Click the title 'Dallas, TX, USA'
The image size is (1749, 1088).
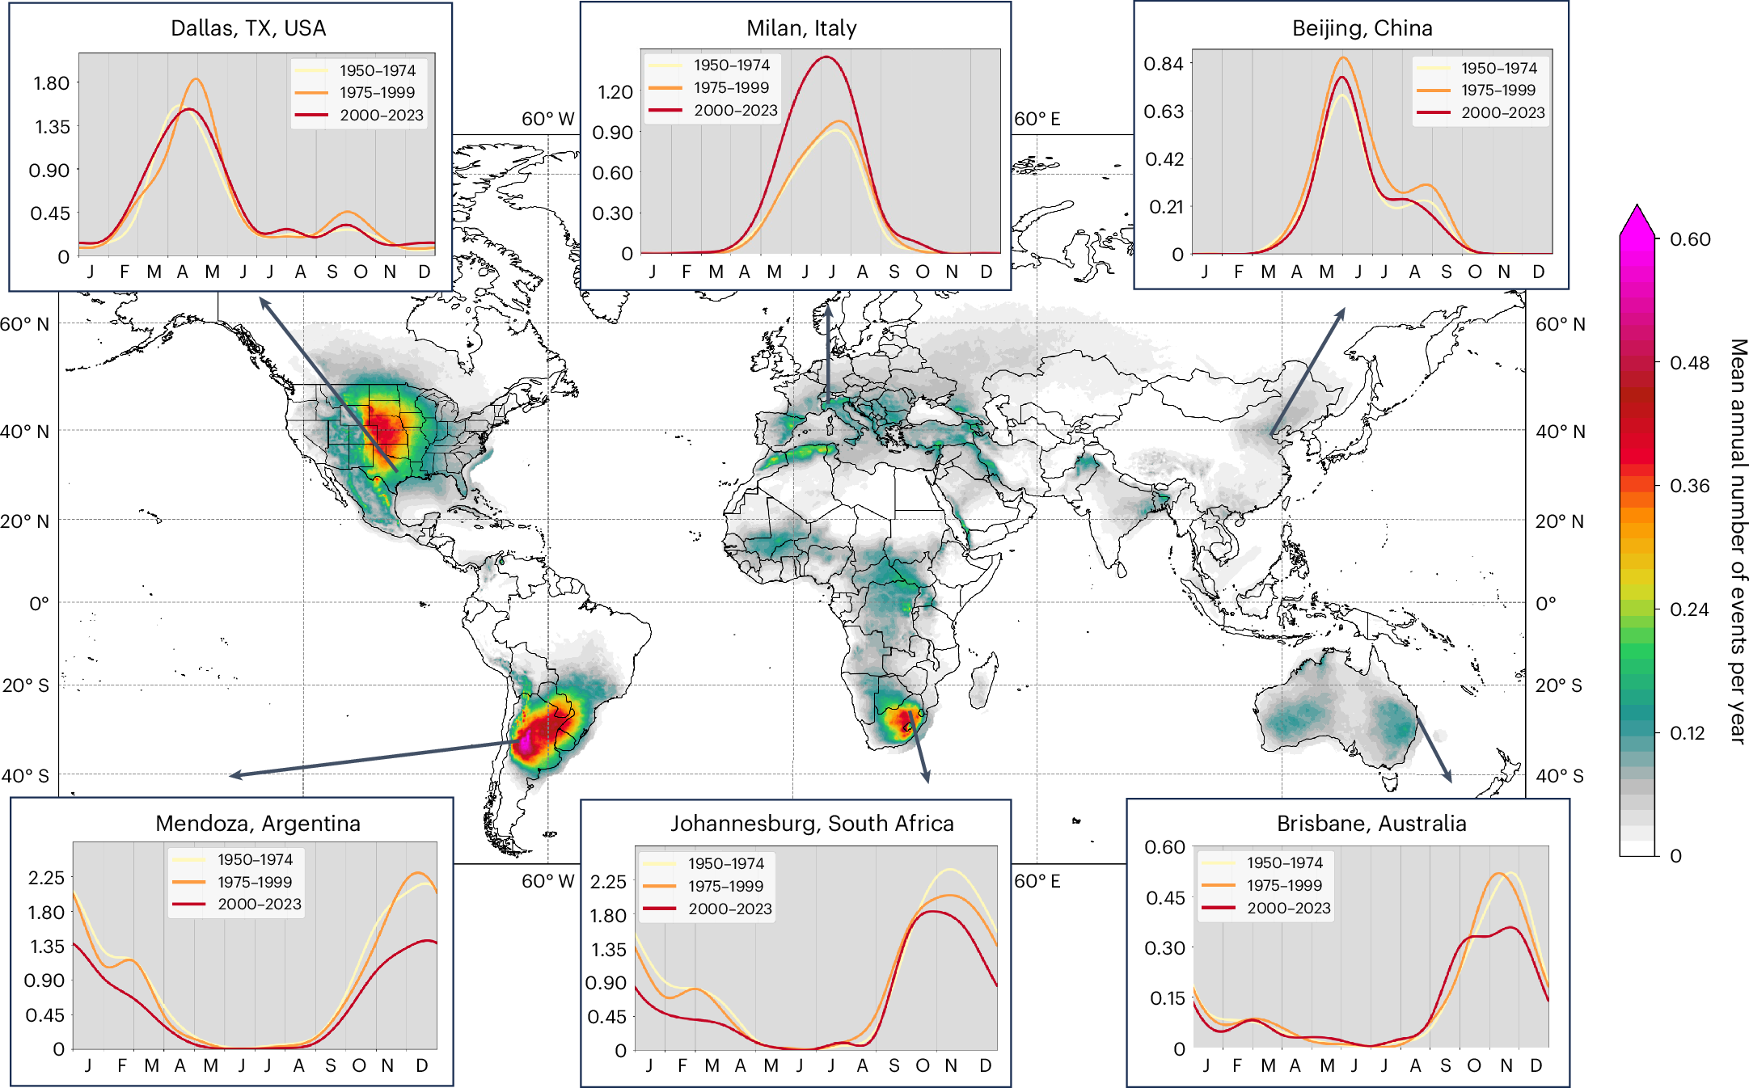248,28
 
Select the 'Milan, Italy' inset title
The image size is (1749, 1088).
801,28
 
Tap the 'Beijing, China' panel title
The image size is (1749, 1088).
1362,28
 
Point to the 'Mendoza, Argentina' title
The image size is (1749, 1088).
258,824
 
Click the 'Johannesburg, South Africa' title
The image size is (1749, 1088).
812,824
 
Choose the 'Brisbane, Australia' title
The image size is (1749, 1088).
1371,824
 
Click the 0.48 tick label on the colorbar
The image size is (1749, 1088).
1690,363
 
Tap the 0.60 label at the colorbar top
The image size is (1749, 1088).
1690,239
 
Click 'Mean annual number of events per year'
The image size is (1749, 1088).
1738,541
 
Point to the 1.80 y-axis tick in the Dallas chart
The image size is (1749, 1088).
51,83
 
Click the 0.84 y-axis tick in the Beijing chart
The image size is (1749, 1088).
1164,64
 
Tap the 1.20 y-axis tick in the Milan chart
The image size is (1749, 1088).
615,92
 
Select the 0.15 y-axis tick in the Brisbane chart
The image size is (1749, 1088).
1168,998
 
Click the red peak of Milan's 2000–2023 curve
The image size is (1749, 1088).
826,57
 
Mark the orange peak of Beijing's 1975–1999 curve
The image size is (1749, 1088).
1343,57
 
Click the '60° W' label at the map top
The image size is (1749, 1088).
547,120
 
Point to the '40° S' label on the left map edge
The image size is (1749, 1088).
25,776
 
